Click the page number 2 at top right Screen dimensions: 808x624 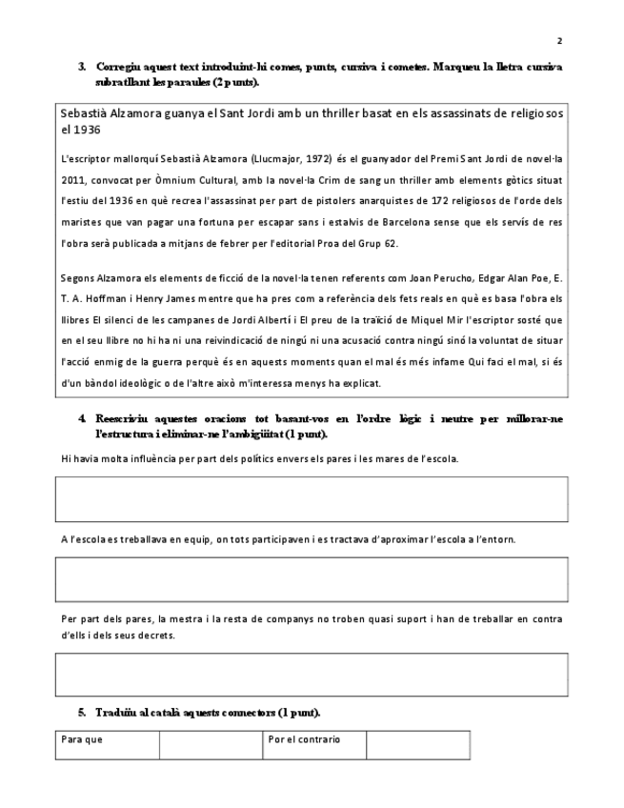[559, 41]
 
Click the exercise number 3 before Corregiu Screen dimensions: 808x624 [82, 68]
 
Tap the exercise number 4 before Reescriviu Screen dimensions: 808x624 [82, 418]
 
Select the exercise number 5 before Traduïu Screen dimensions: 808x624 [82, 713]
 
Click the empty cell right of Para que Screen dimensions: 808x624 [211, 745]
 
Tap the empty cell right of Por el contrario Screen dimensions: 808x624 [417, 745]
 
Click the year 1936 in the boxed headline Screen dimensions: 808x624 [88, 129]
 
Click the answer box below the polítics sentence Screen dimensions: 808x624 [312, 498]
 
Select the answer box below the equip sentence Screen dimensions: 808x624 [312, 579]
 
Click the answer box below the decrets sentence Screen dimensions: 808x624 [312, 675]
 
